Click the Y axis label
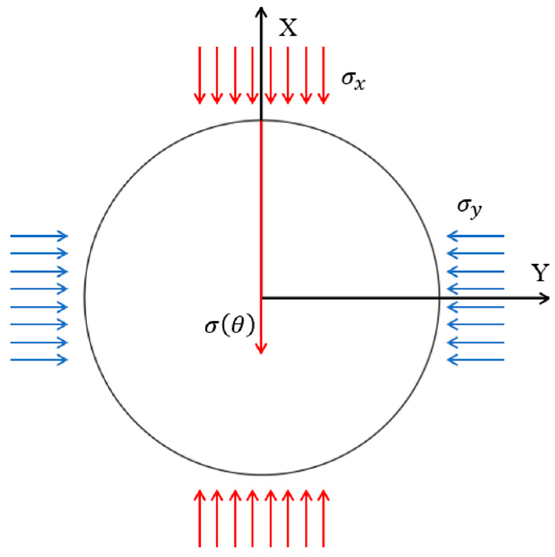(540, 273)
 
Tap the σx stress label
(353, 80)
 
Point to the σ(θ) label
(230, 326)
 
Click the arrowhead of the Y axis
(545, 299)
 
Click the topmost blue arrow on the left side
(39, 236)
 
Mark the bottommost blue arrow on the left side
(39, 360)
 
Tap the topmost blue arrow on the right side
(475, 236)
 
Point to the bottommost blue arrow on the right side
(475, 360)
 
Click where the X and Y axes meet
(261, 298)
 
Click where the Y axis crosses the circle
(439, 298)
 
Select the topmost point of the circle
(261, 120)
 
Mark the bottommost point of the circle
(261, 475)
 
